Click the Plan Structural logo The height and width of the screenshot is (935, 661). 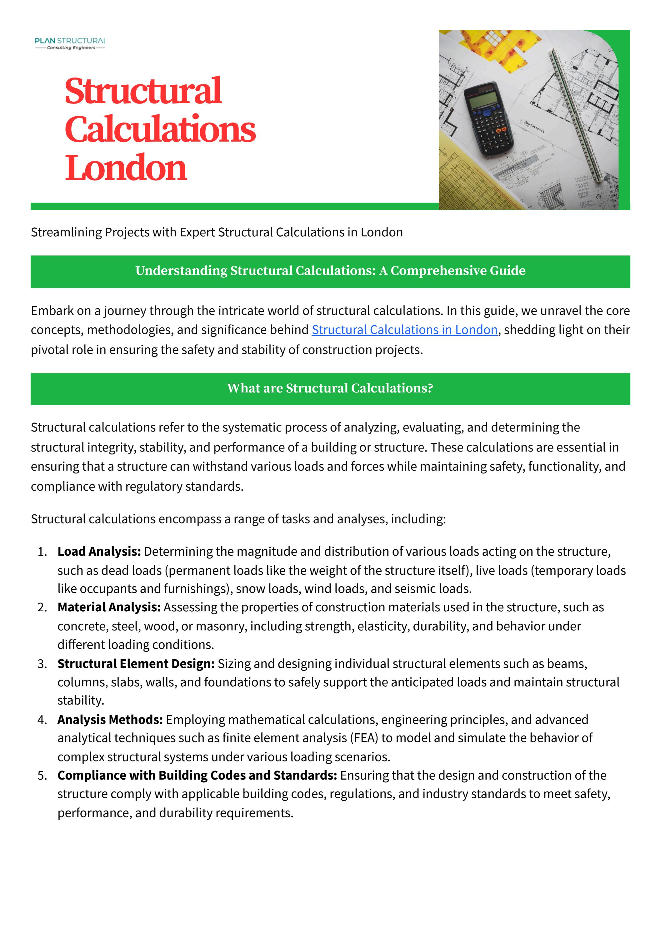(70, 43)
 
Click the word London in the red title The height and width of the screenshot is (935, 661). (126, 168)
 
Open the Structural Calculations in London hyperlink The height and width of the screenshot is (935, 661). (405, 330)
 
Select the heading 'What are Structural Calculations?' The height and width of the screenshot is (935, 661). (330, 388)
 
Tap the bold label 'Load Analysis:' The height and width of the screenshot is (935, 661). (99, 551)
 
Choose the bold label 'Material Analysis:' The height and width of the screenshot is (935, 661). (109, 607)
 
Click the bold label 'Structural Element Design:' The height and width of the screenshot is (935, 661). (136, 664)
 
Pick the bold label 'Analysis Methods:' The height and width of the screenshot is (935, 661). (110, 720)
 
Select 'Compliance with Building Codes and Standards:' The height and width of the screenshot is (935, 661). (197, 776)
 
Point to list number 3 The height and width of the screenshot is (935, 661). (42, 664)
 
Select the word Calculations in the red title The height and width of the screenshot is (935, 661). (160, 129)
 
